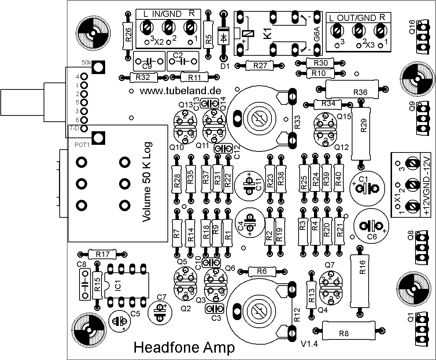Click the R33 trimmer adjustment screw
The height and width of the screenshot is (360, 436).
[259, 118]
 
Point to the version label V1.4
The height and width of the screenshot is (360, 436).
[309, 344]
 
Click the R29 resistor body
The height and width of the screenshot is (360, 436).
[362, 133]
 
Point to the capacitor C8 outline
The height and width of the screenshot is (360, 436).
[85, 284]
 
